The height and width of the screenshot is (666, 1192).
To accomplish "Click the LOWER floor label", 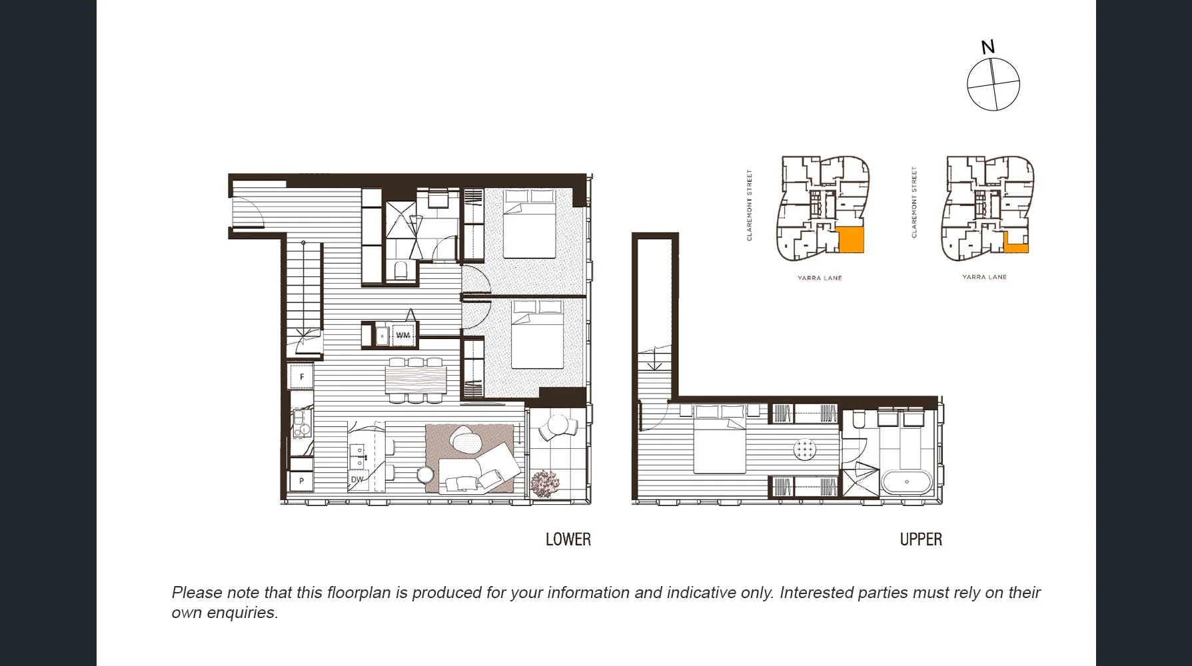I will click(568, 539).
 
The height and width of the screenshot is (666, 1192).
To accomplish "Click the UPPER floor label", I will click(921, 539).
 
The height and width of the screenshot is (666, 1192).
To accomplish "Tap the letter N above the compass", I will click(988, 47).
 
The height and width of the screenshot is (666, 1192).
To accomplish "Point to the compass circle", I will click(993, 84).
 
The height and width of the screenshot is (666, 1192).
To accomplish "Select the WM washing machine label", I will click(403, 335).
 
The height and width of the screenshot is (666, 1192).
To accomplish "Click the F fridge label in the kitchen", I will click(302, 377).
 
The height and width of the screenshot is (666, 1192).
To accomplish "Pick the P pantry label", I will click(302, 480).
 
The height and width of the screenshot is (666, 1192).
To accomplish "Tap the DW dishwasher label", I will click(357, 480).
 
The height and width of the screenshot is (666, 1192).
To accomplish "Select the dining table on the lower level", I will click(416, 380).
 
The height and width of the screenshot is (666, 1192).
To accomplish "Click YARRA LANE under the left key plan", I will click(820, 278).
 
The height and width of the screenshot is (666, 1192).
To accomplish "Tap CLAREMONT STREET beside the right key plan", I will click(914, 202).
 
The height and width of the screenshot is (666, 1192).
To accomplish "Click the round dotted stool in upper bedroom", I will click(806, 450).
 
